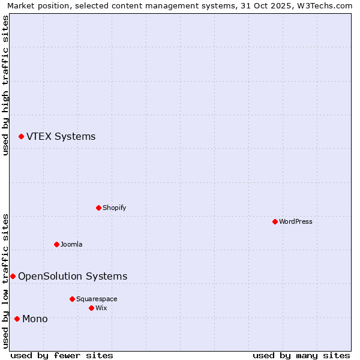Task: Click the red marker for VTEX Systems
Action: point(21,137)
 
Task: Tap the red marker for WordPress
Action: point(275,222)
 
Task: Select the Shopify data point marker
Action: point(98,208)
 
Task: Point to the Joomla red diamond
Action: point(56,245)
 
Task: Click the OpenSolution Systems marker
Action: point(13,277)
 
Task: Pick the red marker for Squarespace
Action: point(72,299)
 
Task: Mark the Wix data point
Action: point(91,308)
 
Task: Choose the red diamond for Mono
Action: point(17,319)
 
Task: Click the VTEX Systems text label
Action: point(61,137)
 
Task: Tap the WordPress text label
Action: point(296,222)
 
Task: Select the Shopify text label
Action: point(114,208)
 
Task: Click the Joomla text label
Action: point(71,245)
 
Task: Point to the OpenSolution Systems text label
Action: point(73,277)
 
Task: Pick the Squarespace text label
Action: point(97,299)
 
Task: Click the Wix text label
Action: point(101,308)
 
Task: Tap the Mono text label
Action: point(35,319)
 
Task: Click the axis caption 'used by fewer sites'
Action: point(62,355)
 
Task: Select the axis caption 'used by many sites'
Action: point(301,355)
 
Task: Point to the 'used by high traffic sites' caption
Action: point(6,85)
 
